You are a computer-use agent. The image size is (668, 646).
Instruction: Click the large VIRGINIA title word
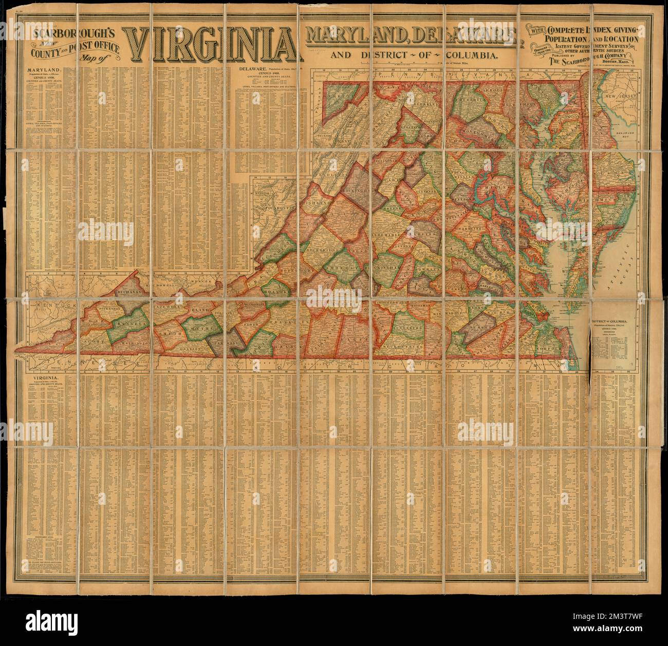211,46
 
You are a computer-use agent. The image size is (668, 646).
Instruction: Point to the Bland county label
198,310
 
